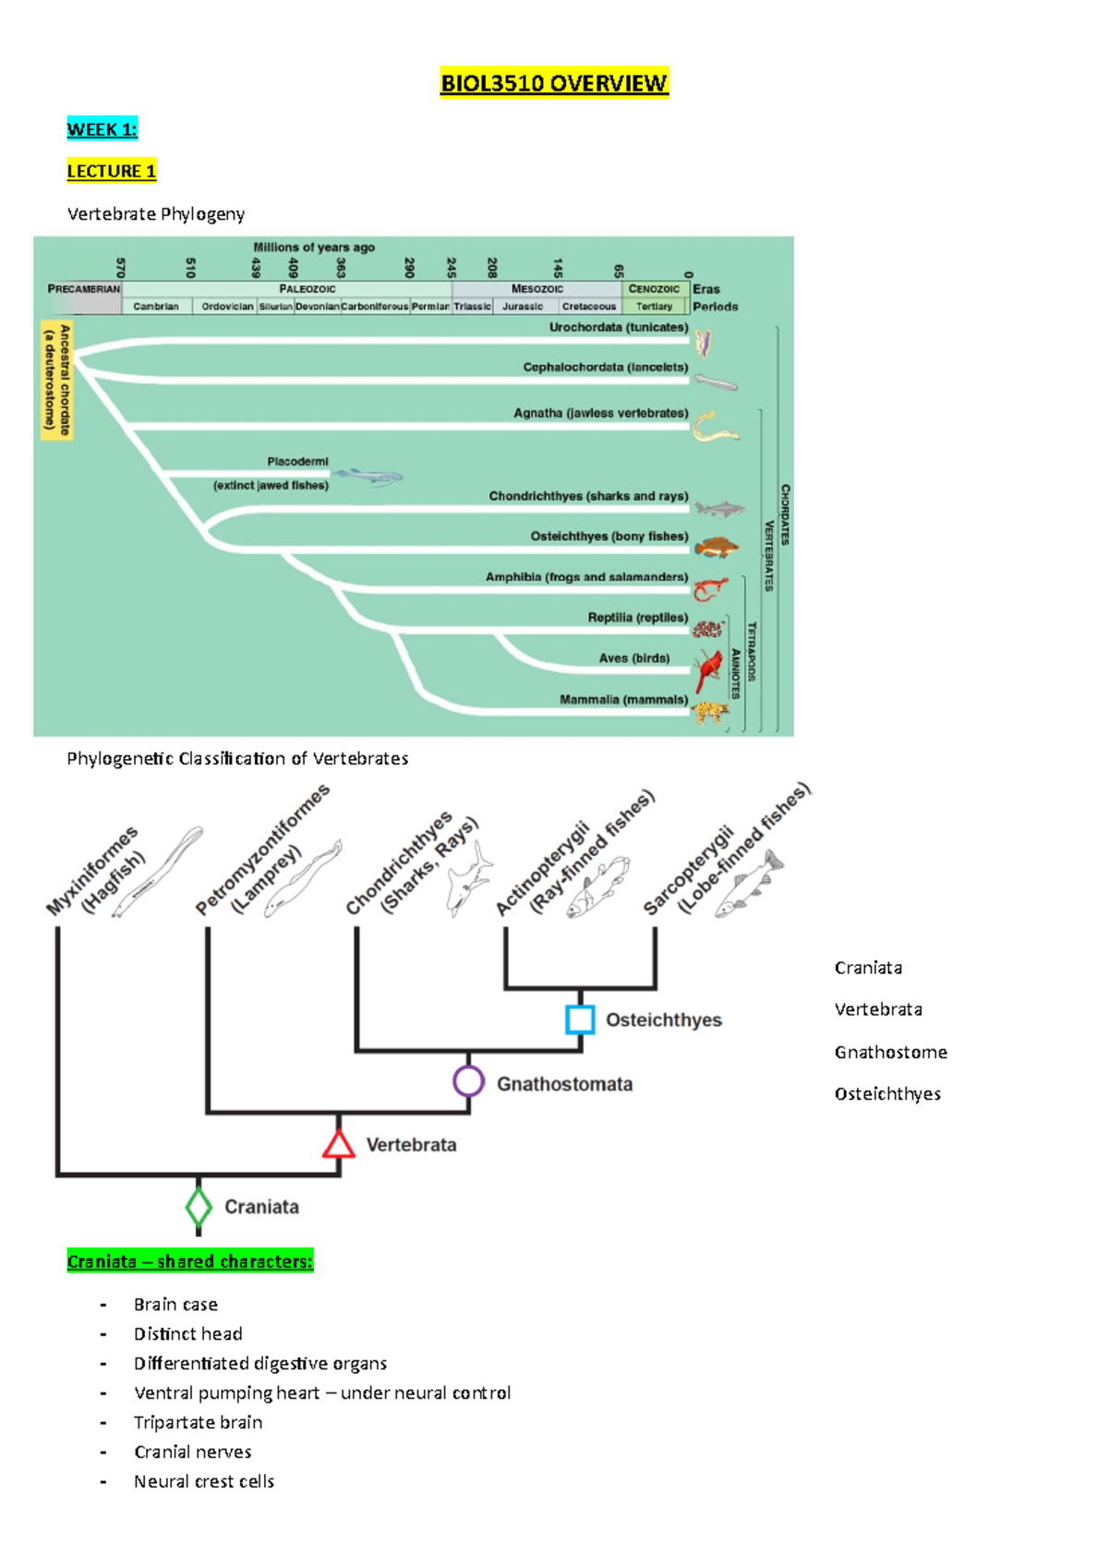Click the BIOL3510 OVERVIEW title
(x=554, y=84)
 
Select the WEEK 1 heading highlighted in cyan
(x=102, y=129)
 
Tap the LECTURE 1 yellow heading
(x=112, y=171)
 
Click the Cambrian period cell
(x=156, y=307)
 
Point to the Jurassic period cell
(x=523, y=307)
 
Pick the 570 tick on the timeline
(x=120, y=267)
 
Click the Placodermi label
(x=297, y=462)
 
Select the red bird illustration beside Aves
(x=709, y=669)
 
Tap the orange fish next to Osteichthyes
(x=717, y=548)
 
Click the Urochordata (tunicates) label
(x=619, y=328)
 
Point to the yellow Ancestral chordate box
(x=57, y=380)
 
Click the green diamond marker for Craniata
(x=199, y=1207)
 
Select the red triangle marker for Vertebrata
(x=339, y=1145)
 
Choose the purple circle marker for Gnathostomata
(x=469, y=1081)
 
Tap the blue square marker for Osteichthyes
(x=580, y=1019)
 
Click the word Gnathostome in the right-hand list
(x=890, y=1053)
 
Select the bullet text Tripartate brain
(x=198, y=1422)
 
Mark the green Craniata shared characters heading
(x=190, y=1261)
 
